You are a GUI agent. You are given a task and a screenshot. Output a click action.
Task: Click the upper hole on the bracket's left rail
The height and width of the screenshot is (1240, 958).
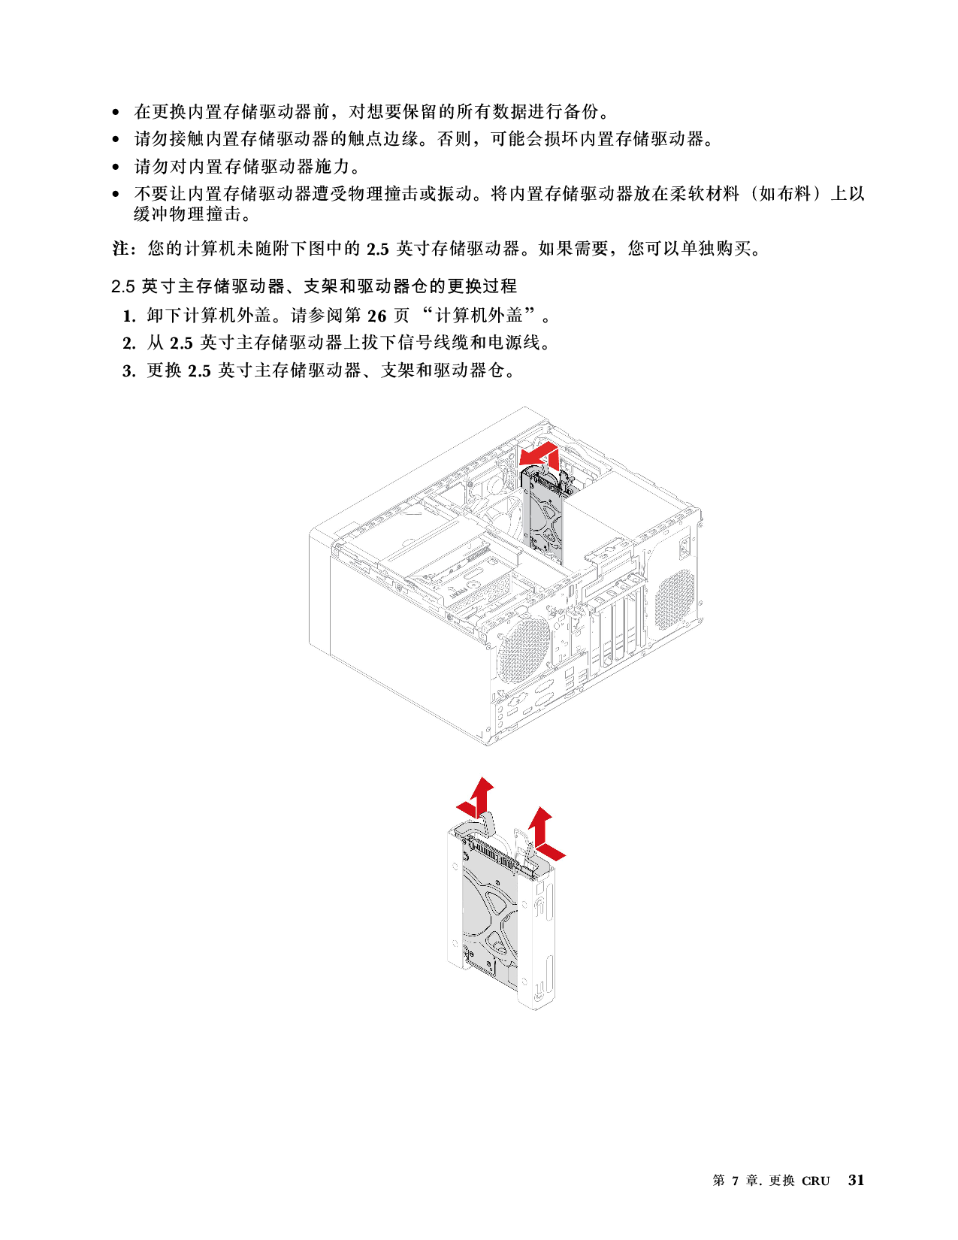[x=455, y=866]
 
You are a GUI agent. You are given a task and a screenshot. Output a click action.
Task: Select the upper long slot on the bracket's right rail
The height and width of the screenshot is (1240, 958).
[x=549, y=902]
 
